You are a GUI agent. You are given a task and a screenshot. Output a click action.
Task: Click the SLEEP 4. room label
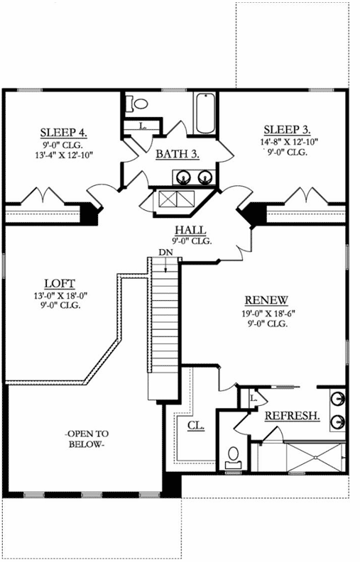63,131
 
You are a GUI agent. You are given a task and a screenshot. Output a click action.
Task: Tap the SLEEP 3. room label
287,129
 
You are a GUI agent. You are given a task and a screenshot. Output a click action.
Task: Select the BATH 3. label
177,153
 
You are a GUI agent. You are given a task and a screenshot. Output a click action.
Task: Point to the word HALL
190,230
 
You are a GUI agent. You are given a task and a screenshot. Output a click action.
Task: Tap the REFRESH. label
292,415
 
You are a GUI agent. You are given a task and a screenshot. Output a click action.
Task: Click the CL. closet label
196,426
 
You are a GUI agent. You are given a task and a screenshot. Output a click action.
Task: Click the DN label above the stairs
165,253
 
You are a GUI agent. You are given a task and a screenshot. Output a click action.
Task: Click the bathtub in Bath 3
204,114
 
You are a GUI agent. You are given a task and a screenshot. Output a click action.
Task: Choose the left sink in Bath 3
184,177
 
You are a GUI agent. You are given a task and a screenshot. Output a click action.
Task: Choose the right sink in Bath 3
204,177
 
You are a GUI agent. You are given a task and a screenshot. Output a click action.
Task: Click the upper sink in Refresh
339,398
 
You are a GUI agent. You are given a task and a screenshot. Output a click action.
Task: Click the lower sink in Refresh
339,421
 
